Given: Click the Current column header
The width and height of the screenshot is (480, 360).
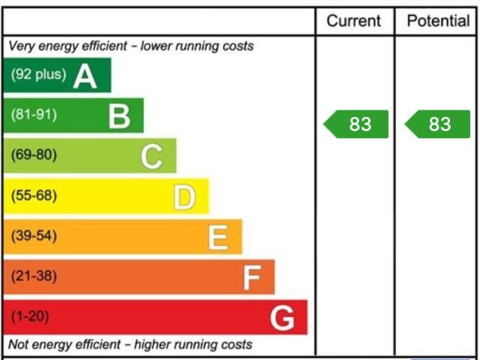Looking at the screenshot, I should pyautogui.click(x=354, y=21).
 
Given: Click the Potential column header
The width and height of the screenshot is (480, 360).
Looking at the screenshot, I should pyautogui.click(x=438, y=21).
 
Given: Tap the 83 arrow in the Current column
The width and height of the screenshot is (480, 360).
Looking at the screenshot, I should pyautogui.click(x=357, y=124).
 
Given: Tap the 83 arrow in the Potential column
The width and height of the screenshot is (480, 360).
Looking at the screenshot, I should pyautogui.click(x=439, y=124).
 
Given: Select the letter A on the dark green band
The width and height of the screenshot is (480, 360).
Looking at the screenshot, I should pyautogui.click(x=85, y=76).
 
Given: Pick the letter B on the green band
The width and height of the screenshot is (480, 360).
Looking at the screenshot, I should pyautogui.click(x=119, y=116).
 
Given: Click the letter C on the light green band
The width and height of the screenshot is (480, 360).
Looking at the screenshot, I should pyautogui.click(x=151, y=157).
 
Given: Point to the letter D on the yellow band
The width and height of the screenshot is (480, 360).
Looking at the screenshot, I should pyautogui.click(x=184, y=197).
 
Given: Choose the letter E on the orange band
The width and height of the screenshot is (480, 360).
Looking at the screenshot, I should pyautogui.click(x=217, y=238).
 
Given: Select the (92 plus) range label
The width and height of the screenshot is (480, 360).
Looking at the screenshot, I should pyautogui.click(x=39, y=75).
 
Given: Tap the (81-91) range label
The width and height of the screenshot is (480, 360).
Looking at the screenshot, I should pyautogui.click(x=34, y=115).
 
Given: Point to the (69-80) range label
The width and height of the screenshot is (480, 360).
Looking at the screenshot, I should pyautogui.click(x=34, y=156).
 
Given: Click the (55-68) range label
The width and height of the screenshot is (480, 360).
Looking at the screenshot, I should pyautogui.click(x=34, y=196).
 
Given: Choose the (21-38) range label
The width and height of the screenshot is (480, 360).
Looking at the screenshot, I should pyautogui.click(x=34, y=277).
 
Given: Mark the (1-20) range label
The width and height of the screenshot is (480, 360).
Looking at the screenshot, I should pyautogui.click(x=30, y=317).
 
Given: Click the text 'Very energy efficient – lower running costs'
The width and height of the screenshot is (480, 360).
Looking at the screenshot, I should pyautogui.click(x=131, y=46).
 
